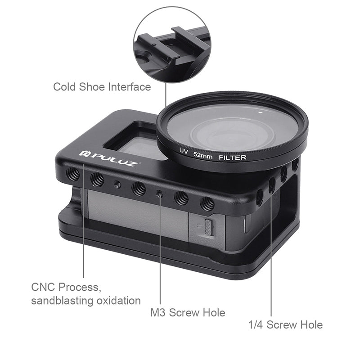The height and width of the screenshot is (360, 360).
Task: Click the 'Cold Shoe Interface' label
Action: pyautogui.click(x=102, y=87)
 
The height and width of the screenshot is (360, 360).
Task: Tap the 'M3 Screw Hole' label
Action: pyautogui.click(x=188, y=312)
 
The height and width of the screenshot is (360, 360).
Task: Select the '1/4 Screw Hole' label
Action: pyautogui.click(x=285, y=324)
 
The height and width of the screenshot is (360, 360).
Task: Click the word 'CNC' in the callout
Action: pyautogui.click(x=43, y=287)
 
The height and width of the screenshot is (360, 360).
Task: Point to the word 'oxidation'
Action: pyautogui.click(x=118, y=301)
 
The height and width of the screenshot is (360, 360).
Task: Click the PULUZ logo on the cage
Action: pyautogui.click(x=108, y=158)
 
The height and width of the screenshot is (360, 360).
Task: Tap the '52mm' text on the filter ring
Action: pyautogui.click(x=203, y=155)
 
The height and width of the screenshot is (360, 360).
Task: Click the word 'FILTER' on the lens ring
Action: pyautogui.click(x=232, y=157)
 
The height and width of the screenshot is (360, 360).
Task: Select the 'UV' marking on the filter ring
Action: pyautogui.click(x=184, y=151)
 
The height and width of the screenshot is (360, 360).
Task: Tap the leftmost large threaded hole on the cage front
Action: pyautogui.click(x=73, y=173)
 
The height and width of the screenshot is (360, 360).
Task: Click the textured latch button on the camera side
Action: pyautogui.click(x=208, y=228)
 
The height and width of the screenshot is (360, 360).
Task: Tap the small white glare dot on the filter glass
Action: pyautogui.click(x=261, y=112)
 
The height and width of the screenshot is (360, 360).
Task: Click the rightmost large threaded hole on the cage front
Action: pyautogui.click(x=207, y=204)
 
